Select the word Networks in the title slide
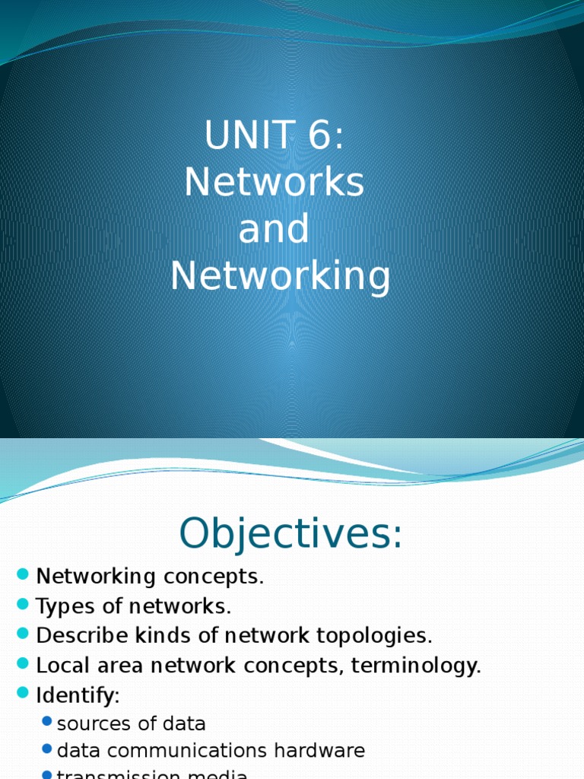[275, 183]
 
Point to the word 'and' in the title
[274, 229]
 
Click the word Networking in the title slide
[281, 276]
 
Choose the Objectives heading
[290, 533]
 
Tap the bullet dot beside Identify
[21, 695]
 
